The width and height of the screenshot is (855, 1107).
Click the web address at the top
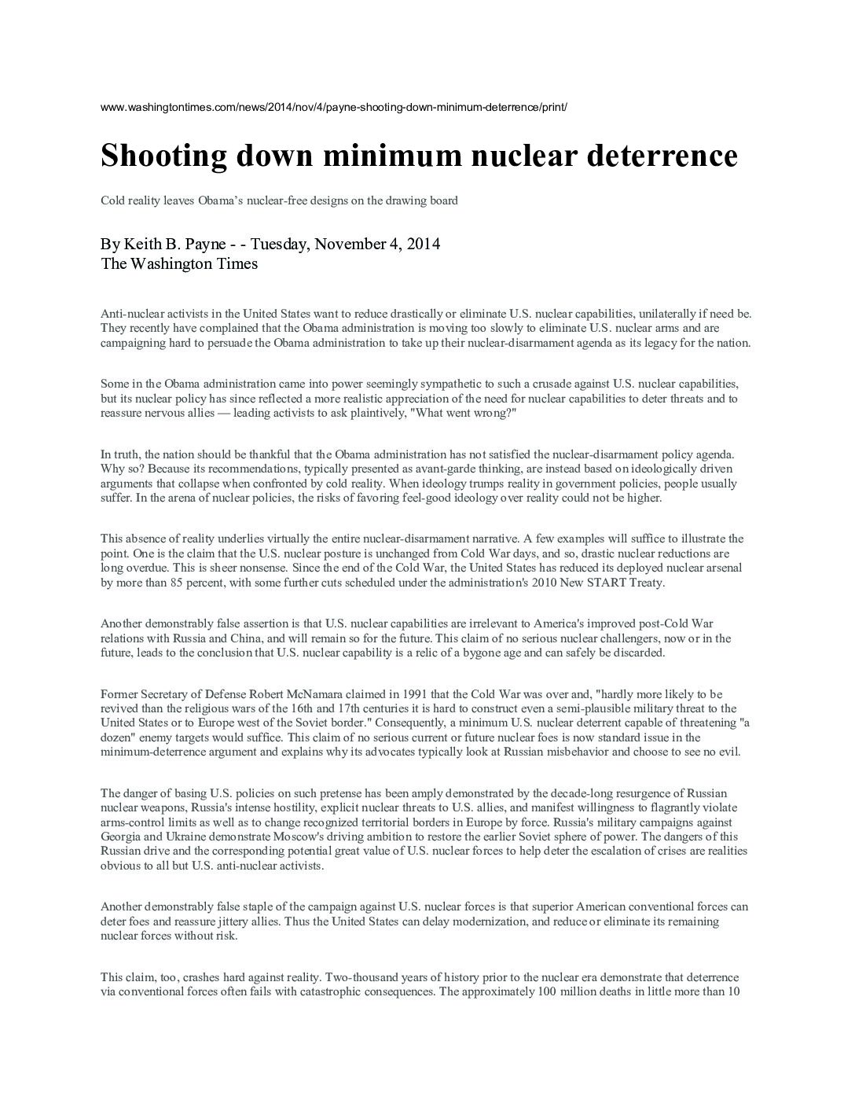(x=334, y=106)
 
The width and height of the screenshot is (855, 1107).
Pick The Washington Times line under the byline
(x=179, y=264)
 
